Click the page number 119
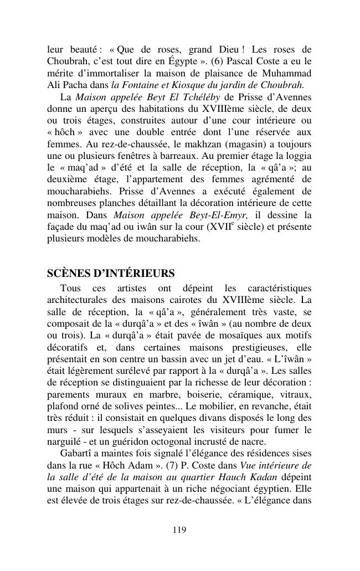[179, 530]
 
